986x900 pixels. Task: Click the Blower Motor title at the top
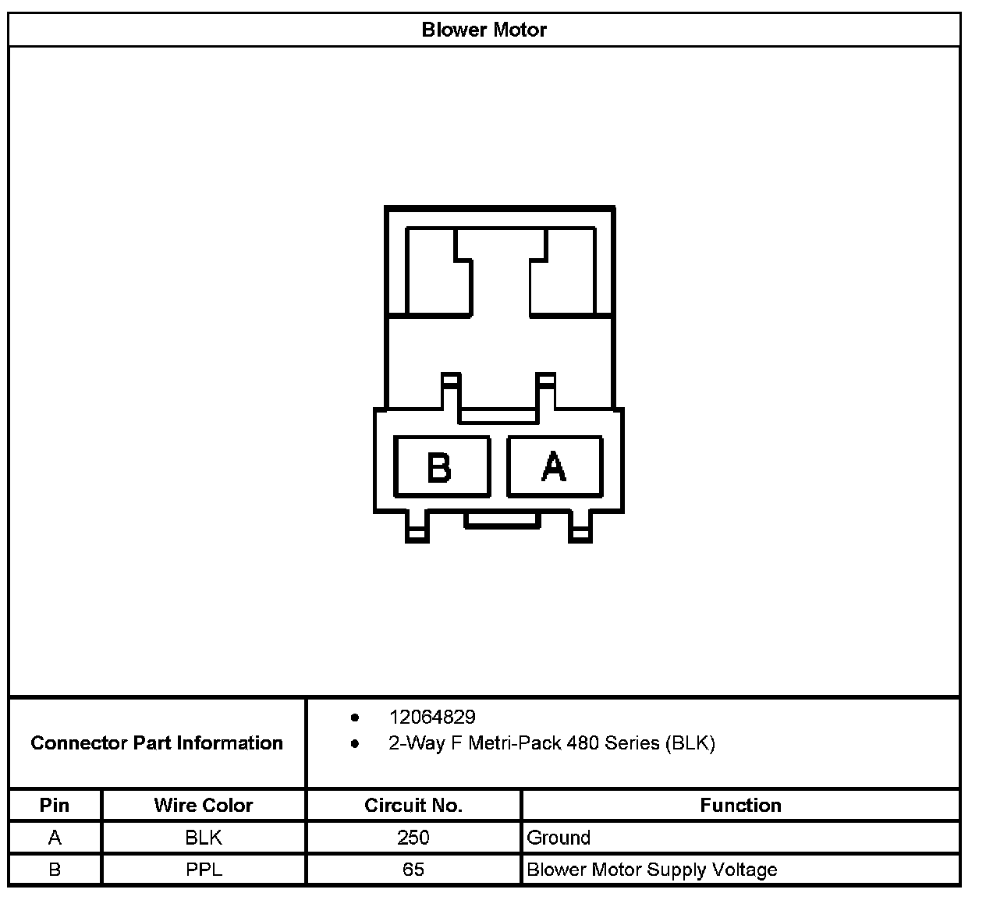[x=484, y=30]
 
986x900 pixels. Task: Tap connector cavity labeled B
[x=442, y=466]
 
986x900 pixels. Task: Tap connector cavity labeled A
[x=554, y=466]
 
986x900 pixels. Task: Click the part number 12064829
[x=431, y=717]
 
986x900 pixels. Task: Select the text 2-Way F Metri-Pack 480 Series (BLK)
[x=552, y=743]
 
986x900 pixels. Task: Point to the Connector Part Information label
[x=157, y=742]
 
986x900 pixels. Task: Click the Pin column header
[x=55, y=805]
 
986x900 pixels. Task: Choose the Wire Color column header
[x=204, y=805]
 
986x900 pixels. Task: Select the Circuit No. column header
[x=413, y=805]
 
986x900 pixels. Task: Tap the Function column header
[x=740, y=805]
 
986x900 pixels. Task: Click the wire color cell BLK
[x=204, y=838]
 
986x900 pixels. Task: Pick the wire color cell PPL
[x=204, y=870]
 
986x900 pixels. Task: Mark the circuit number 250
[x=413, y=838]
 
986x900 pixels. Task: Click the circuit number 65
[x=413, y=870]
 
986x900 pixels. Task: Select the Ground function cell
[x=559, y=838]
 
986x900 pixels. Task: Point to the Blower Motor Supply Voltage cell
[x=652, y=870]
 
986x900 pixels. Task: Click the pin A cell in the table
[x=55, y=838]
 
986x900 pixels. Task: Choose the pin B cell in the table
[x=55, y=870]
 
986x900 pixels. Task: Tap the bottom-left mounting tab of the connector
[x=417, y=528]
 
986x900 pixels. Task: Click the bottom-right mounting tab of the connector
[x=580, y=528]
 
